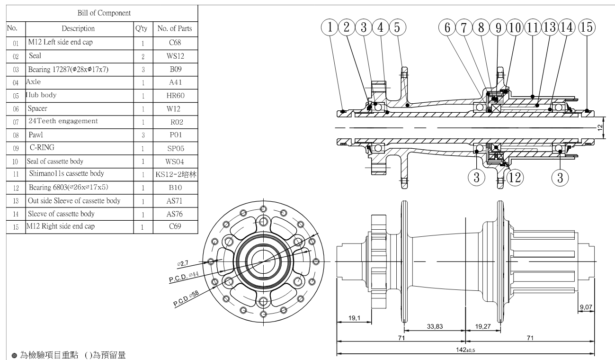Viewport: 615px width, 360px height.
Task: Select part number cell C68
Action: point(175,42)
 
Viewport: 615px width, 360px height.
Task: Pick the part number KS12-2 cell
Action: point(175,174)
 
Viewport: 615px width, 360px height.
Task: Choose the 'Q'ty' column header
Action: point(142,28)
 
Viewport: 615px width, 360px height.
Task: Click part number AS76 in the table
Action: point(175,214)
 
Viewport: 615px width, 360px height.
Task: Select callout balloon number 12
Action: point(516,178)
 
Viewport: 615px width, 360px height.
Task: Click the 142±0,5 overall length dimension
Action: point(466,350)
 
